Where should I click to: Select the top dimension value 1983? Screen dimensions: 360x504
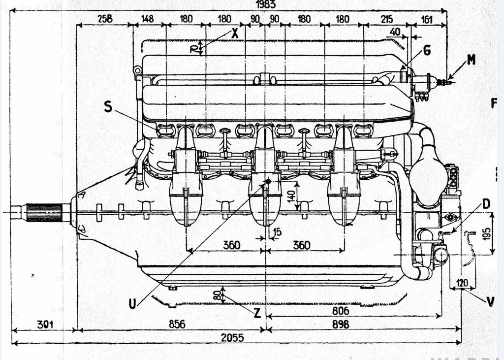[266, 4]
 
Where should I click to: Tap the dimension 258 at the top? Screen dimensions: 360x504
[105, 19]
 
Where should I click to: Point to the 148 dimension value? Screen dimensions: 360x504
[147, 19]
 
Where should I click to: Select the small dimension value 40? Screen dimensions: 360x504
[395, 32]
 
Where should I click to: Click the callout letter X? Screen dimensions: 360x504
[235, 33]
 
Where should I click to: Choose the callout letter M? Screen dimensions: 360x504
[472, 60]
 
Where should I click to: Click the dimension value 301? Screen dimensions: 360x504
[44, 324]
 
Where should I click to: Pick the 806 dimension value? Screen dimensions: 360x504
[340, 311]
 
